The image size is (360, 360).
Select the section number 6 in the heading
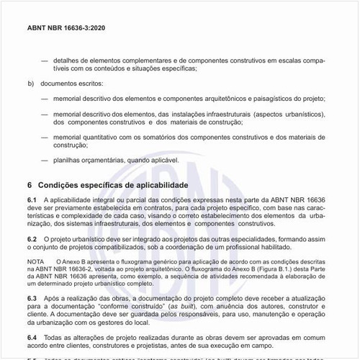click(x=30, y=185)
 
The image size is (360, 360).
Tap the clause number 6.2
click(x=32, y=238)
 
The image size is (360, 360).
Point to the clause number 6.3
click(x=32, y=297)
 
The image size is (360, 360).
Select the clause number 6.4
click(x=32, y=337)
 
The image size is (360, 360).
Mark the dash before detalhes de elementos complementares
click(x=45, y=61)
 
